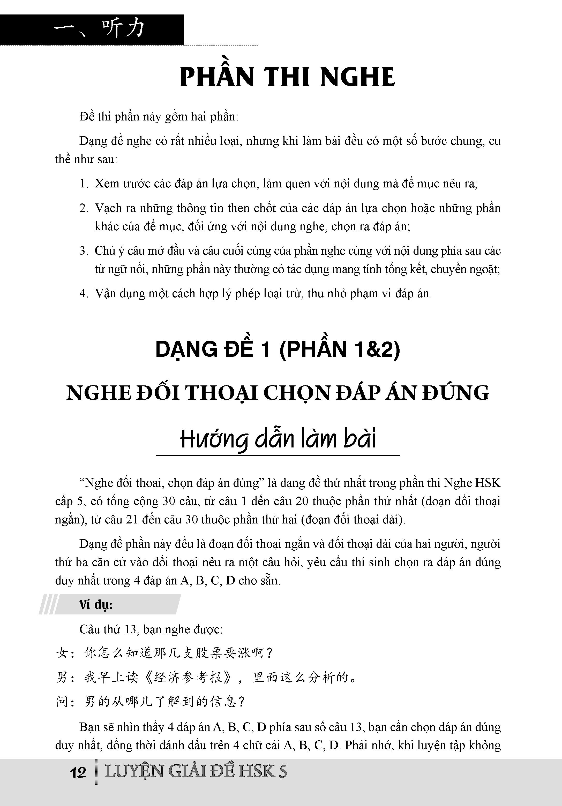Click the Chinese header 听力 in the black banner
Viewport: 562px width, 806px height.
tap(123, 28)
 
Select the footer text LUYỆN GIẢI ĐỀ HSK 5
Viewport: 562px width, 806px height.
tap(195, 772)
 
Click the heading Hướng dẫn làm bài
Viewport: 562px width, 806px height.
tap(278, 439)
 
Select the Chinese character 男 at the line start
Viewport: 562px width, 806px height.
tap(62, 678)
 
